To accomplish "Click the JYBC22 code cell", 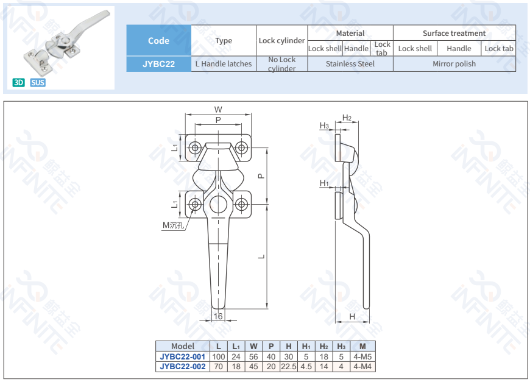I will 158,64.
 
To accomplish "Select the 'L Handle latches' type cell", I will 224,64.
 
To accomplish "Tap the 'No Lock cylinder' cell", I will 281,64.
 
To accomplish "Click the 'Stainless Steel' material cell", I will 350,64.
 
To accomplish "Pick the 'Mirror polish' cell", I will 454,64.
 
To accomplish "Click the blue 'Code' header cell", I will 158,41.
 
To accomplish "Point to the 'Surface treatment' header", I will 454,34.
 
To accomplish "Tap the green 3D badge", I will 19,82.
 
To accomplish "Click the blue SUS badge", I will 38,82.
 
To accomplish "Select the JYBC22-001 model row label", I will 183,356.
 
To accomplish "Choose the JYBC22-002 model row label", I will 183,367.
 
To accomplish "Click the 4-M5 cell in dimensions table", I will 362,356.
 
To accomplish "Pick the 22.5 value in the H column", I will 288,367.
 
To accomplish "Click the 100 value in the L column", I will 219,356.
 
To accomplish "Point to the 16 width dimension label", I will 218,316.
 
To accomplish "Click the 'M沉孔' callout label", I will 172,225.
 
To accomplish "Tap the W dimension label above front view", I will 218,110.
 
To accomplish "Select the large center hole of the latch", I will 218,205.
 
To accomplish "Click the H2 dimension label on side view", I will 347,118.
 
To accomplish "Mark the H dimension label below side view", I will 352,316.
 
